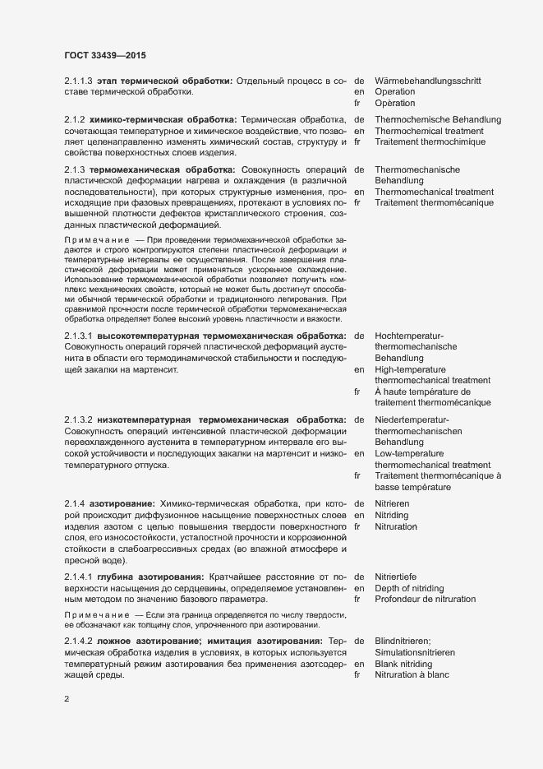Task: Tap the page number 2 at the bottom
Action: click(67, 700)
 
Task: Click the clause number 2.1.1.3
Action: click(77, 81)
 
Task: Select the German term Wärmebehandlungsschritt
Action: click(428, 81)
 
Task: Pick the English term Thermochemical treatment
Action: click(429, 132)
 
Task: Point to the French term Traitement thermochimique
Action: click(430, 142)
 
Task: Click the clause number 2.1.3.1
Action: click(77, 336)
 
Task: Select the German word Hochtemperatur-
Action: click(409, 336)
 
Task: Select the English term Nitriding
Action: click(391, 514)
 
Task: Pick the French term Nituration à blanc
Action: click(412, 674)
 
